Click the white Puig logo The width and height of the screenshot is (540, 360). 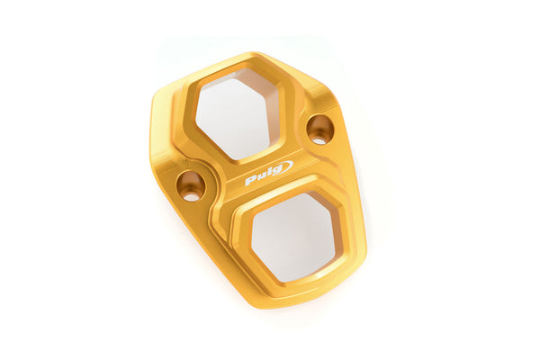tap(269, 173)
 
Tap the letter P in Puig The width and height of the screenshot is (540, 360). tap(251, 180)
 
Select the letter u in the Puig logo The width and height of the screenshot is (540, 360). tap(263, 176)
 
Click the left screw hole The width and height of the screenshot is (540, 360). tap(191, 186)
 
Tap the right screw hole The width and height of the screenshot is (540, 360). tap(319, 129)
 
